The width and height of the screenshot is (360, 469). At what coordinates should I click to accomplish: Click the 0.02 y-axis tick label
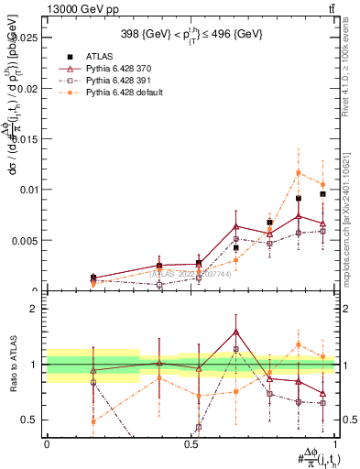(x=30, y=89)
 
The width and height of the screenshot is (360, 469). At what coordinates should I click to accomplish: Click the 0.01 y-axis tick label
(x=30, y=190)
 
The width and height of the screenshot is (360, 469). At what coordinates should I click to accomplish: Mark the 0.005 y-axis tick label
(x=27, y=241)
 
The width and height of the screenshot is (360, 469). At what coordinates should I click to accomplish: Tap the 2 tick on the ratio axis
(x=36, y=309)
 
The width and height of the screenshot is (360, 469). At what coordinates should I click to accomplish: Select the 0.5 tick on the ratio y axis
(x=32, y=420)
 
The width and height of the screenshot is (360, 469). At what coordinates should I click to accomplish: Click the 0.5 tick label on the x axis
(x=191, y=444)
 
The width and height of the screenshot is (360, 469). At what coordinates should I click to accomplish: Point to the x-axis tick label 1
(x=336, y=444)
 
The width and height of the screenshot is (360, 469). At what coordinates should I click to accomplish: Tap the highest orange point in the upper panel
(x=298, y=172)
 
